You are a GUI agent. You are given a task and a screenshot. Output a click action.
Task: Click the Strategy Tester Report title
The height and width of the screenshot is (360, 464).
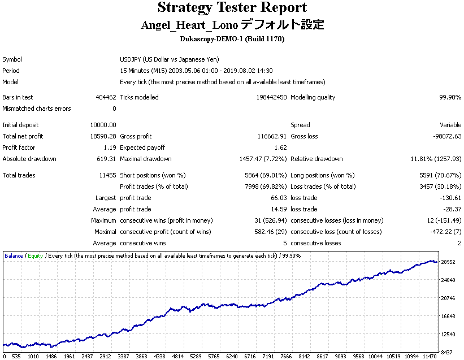(x=232, y=8)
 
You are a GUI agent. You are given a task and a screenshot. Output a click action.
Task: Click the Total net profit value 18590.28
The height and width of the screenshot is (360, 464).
(x=103, y=136)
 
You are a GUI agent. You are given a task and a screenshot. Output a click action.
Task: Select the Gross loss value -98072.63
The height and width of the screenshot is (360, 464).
(x=447, y=136)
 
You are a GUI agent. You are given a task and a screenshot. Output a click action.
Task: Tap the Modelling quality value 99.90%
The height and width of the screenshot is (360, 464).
(x=450, y=97)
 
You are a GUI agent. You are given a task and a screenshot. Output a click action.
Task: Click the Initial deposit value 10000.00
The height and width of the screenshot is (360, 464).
(x=103, y=125)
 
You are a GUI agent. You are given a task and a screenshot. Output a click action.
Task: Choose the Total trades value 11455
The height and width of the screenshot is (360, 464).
(x=107, y=175)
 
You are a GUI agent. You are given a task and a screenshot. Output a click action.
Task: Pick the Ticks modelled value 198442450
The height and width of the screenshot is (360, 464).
(x=271, y=97)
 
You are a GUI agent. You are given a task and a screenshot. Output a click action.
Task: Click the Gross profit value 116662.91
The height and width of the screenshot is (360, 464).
(x=272, y=136)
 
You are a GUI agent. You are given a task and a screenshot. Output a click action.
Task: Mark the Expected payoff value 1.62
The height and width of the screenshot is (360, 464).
(x=280, y=148)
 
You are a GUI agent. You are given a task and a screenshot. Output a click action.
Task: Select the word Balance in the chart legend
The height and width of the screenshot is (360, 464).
(x=14, y=256)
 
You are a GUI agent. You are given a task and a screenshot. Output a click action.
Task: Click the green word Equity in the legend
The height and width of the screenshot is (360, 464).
(x=36, y=256)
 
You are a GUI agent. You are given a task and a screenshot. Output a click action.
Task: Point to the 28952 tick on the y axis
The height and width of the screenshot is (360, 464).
(x=448, y=262)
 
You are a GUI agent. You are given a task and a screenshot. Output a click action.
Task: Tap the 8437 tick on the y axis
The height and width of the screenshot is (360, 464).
(x=446, y=352)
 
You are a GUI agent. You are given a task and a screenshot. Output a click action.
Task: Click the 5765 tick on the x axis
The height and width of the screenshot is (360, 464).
(x=214, y=357)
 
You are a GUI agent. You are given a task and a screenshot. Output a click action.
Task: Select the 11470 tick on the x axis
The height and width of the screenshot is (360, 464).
(x=430, y=357)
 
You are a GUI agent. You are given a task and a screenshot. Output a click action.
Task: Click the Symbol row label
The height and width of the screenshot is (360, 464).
(x=12, y=59)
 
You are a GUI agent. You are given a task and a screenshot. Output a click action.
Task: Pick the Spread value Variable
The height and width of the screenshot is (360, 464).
(x=450, y=125)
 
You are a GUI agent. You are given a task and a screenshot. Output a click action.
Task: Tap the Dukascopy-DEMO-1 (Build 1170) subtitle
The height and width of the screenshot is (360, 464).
(x=232, y=39)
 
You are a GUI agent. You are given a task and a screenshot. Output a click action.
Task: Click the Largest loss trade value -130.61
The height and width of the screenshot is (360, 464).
(x=450, y=198)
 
